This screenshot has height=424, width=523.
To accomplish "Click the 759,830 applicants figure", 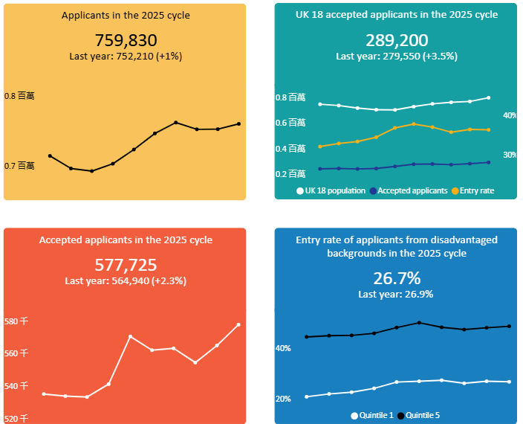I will [x=126, y=41].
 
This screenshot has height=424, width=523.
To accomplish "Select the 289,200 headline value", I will [x=397, y=41].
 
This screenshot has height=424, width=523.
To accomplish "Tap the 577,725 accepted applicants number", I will [x=126, y=266].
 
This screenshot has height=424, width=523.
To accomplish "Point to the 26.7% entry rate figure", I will [x=397, y=278].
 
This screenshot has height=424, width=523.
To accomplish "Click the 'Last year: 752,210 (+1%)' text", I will [x=126, y=56].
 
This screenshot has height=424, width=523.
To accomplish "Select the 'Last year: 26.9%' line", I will [x=397, y=294].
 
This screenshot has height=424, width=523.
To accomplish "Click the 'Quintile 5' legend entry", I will [x=423, y=415].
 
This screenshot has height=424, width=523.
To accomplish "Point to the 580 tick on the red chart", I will [x=16, y=321].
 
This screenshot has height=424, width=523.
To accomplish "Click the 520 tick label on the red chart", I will [x=16, y=419].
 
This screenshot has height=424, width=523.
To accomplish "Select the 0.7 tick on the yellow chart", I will [x=19, y=165].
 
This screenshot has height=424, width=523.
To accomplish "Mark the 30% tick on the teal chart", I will [x=510, y=155].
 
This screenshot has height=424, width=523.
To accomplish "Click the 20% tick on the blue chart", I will [x=283, y=399].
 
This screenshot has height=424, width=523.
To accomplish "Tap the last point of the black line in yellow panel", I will [x=239, y=123].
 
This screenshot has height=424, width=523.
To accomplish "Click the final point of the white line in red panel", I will [x=238, y=324].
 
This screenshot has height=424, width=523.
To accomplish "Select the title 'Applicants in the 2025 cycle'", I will [x=126, y=16].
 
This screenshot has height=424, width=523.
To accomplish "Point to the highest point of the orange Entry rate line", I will [x=414, y=124].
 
